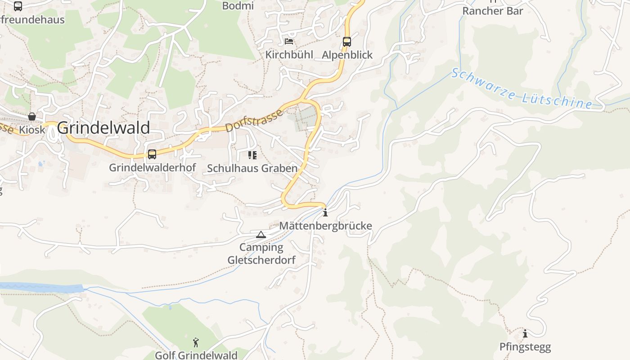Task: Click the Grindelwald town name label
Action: (103, 128)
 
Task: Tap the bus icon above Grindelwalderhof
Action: (152, 154)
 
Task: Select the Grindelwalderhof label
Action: (153, 168)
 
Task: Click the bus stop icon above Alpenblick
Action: (346, 42)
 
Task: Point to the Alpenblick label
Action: (347, 55)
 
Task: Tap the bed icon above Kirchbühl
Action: (289, 42)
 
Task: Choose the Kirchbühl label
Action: (289, 55)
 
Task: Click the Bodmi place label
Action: (238, 6)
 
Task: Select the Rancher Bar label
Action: (493, 11)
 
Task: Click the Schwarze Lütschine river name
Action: (522, 89)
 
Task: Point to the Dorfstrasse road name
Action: (254, 120)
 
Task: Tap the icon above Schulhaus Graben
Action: (252, 155)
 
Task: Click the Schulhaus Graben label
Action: (252, 168)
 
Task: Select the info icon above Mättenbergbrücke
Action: (325, 212)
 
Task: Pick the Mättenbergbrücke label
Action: (326, 225)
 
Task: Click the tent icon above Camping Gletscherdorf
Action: (261, 234)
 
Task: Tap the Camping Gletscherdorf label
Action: (261, 254)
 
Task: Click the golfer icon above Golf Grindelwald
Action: (196, 342)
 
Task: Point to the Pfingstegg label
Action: (525, 347)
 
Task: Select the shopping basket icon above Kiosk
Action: (32, 117)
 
